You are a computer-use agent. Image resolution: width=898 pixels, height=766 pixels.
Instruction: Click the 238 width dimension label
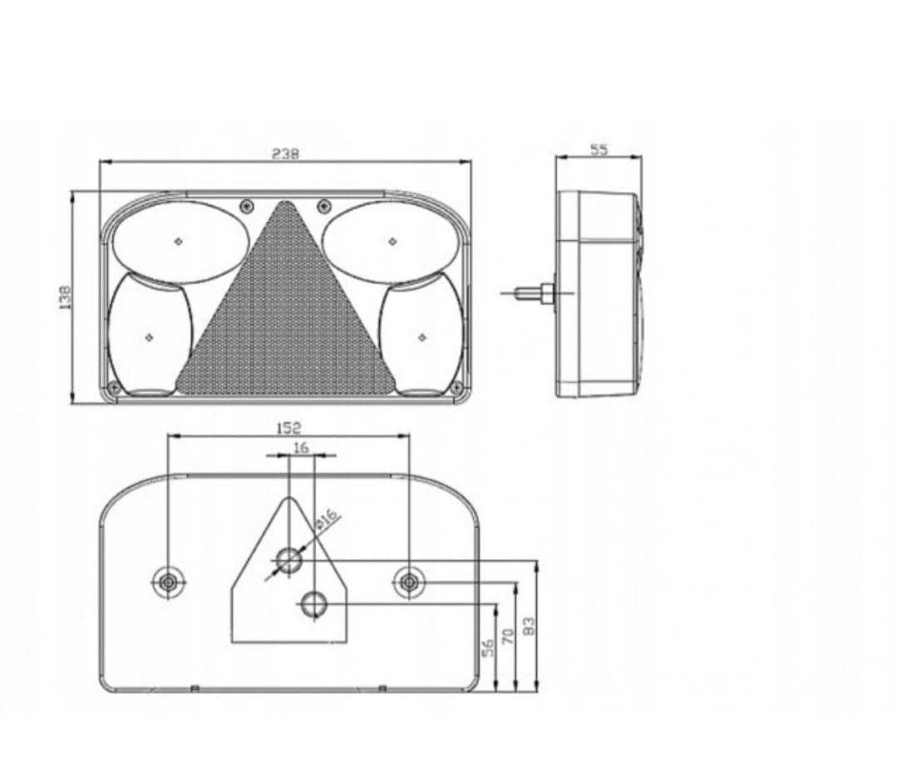click(x=285, y=154)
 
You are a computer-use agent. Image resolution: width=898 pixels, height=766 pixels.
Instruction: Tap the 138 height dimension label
click(x=66, y=298)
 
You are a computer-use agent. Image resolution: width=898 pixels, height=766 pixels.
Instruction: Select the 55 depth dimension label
click(x=599, y=150)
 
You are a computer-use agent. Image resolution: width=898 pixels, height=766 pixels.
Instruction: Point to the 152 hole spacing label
click(x=289, y=428)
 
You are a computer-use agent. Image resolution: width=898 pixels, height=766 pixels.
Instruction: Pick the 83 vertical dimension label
click(x=529, y=625)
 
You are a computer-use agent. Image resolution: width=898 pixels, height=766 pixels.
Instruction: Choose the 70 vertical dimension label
click(x=508, y=636)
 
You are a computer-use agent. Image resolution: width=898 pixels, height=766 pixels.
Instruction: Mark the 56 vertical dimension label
click(x=488, y=648)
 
